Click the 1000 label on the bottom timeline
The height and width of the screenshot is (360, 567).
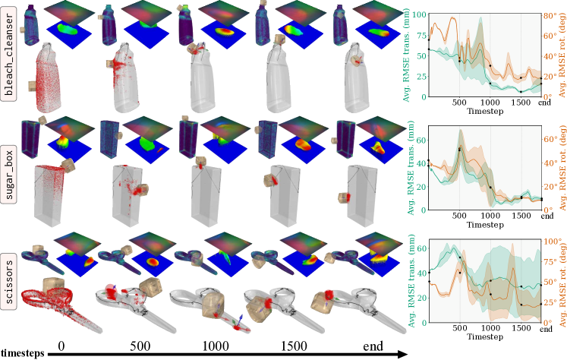tap(216, 346)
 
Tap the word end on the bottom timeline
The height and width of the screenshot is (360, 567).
tap(373, 346)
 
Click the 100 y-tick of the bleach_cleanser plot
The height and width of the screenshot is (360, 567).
tap(419, 14)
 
